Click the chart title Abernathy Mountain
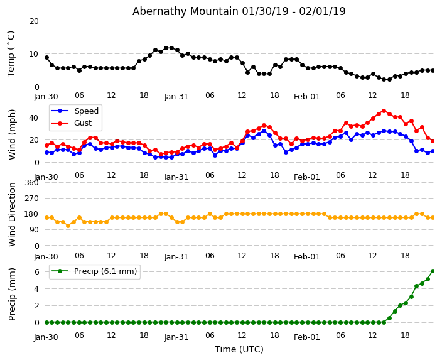pyautogui.click(x=239, y=11)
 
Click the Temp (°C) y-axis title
pyautogui.click(x=11, y=53)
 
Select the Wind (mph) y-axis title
pyautogui.click(x=12, y=134)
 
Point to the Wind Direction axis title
pyautogui.click(x=12, y=214)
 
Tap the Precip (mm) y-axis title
pyautogui.click(x=12, y=294)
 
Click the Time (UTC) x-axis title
pyautogui.click(x=239, y=349)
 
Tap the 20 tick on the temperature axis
pyautogui.click(x=33, y=21)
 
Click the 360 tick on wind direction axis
pyautogui.click(x=31, y=183)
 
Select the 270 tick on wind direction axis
pyautogui.click(x=31, y=199)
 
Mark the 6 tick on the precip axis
pyautogui.click(x=36, y=272)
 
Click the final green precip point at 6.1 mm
pyautogui.click(x=433, y=271)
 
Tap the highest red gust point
pyautogui.click(x=384, y=111)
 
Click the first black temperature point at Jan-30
pyautogui.click(x=46, y=57)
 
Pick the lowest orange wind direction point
pyautogui.click(x=68, y=226)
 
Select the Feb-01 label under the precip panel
pyautogui.click(x=307, y=337)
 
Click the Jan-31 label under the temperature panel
pyautogui.click(x=176, y=97)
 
